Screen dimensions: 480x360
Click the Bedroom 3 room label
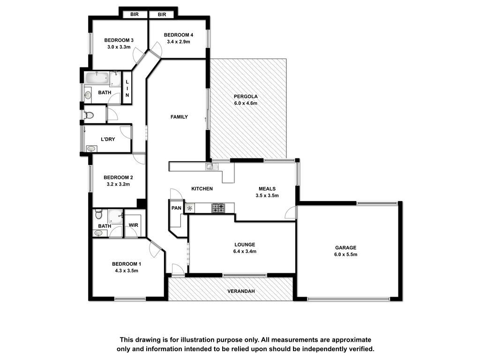click(x=119, y=40)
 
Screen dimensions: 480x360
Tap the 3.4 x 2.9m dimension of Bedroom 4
click(x=179, y=42)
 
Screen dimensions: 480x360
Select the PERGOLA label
click(x=246, y=97)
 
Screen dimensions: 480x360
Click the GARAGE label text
click(x=345, y=247)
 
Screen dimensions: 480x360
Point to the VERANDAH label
click(x=241, y=291)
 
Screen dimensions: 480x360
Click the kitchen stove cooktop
click(x=218, y=208)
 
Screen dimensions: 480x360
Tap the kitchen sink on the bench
click(x=211, y=166)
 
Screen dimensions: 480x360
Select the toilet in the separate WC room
click(x=89, y=115)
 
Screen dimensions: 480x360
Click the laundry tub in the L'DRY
click(x=91, y=149)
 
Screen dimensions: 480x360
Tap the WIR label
click(x=134, y=225)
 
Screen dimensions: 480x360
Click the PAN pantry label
click(x=176, y=208)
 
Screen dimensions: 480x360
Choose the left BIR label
click(x=135, y=15)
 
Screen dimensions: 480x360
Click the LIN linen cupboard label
click(x=127, y=89)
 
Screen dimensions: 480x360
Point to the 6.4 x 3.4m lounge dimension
click(x=245, y=251)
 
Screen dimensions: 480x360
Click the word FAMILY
click(x=179, y=117)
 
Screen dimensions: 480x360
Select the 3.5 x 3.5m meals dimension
click(x=267, y=195)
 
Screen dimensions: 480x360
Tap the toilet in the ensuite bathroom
click(x=98, y=214)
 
